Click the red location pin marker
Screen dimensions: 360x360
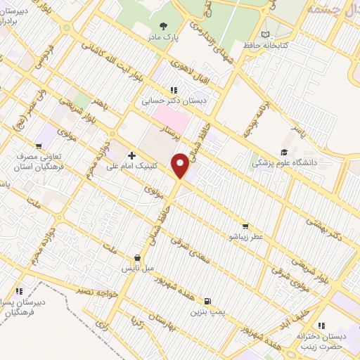[181, 165]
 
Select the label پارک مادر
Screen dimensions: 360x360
[164, 37]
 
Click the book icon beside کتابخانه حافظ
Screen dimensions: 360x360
[264, 34]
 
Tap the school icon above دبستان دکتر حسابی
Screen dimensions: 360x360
[173, 90]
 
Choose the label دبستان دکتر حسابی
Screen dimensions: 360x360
[167, 100]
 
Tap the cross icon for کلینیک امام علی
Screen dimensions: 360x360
[131, 155]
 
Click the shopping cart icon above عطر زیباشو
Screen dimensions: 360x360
[245, 226]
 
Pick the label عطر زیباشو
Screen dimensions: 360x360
[244, 237]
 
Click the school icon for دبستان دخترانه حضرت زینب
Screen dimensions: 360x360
[321, 325]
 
